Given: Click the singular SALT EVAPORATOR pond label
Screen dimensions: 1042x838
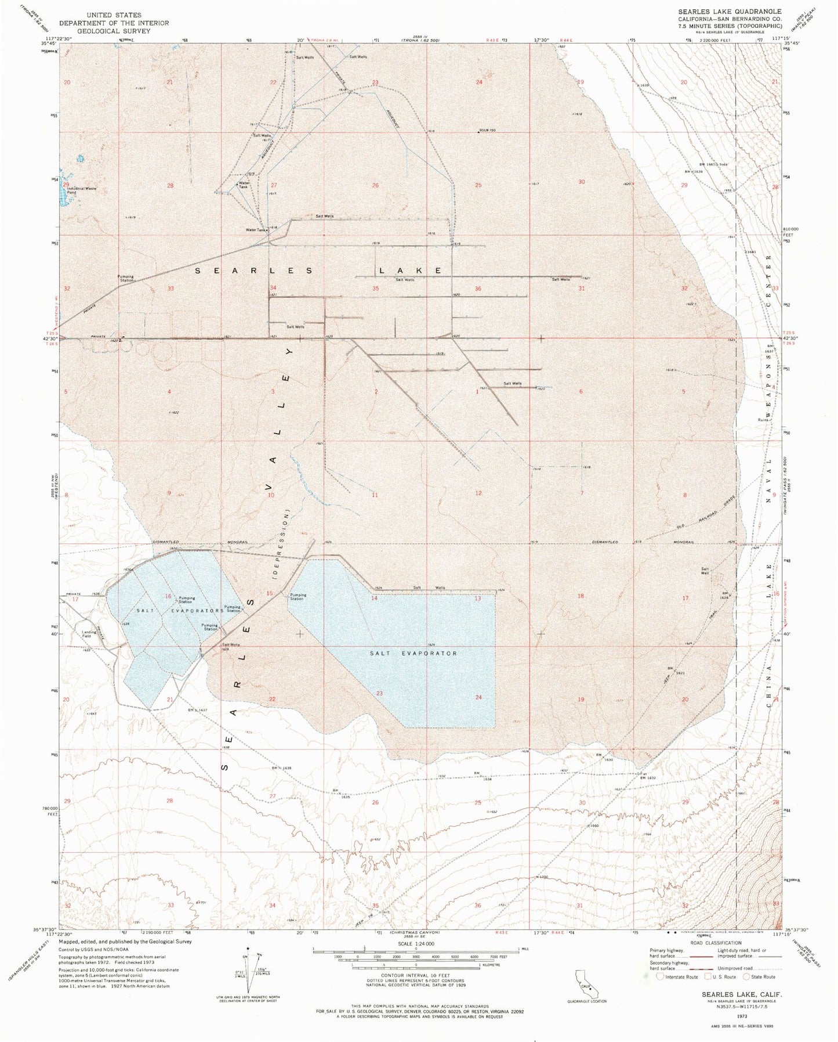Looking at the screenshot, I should pyautogui.click(x=413, y=653).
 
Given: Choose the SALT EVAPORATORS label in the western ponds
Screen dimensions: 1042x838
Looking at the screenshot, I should pyautogui.click(x=180, y=611).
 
